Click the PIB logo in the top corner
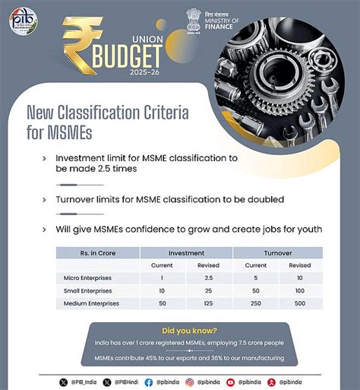pyautogui.click(x=22, y=21)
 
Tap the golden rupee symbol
pyautogui.click(x=82, y=46)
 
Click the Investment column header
pyautogui.click(x=187, y=252)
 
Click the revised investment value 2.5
pyautogui.click(x=209, y=277)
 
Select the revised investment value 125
pyautogui.click(x=209, y=303)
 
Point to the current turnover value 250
pyautogui.click(x=255, y=303)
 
